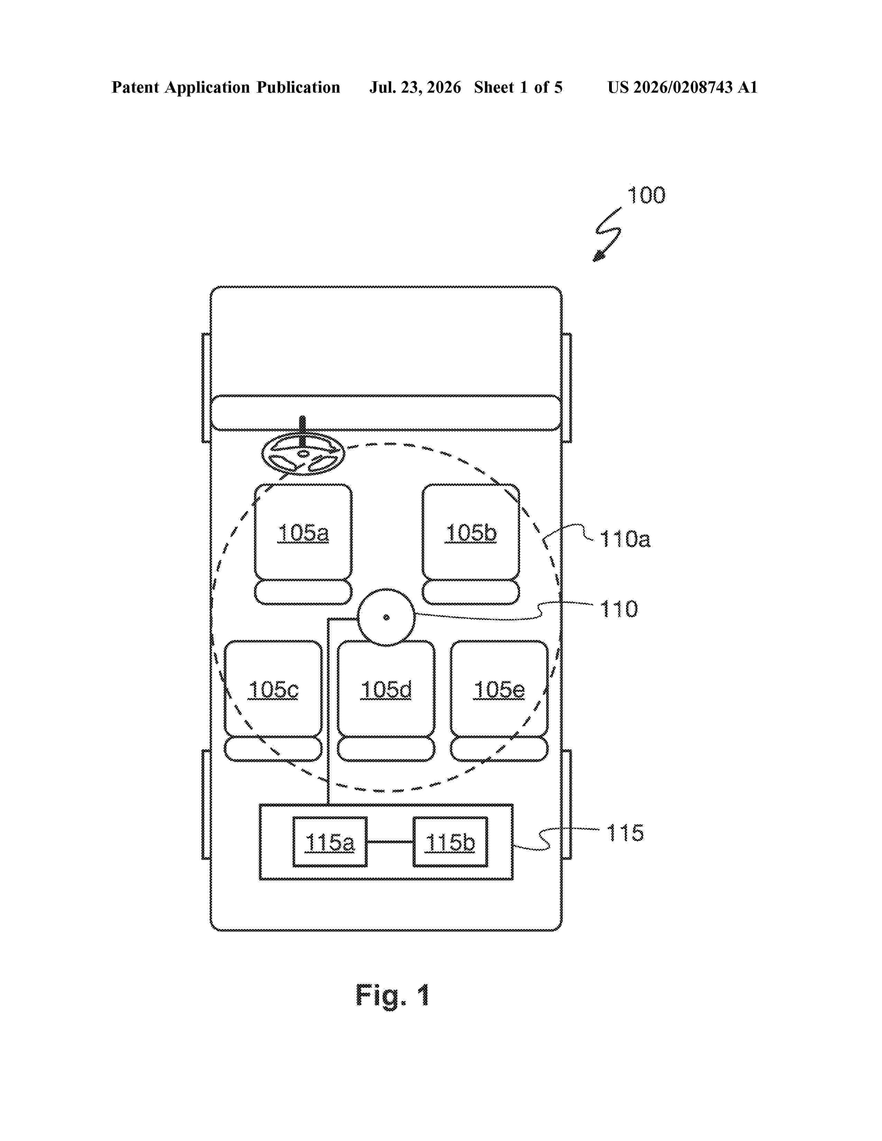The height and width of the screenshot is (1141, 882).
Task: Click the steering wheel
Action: pos(303,454)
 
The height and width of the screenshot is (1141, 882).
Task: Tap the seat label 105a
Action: pos(303,533)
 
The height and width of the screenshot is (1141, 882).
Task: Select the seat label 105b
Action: pos(471,533)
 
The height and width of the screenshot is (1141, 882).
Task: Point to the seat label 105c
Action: pos(273,690)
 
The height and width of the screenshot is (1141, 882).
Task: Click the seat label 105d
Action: pos(386,690)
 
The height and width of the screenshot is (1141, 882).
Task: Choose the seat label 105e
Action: pos(499,690)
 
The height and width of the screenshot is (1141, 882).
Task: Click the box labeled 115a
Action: pos(330,842)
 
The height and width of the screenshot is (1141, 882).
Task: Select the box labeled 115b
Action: pos(450,842)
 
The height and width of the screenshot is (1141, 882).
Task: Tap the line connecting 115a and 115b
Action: pos(390,842)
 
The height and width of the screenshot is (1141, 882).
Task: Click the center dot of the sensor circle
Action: pos(386,618)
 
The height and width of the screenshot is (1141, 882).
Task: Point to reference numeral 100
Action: pos(646,195)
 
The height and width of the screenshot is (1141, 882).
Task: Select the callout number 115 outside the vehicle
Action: pos(625,833)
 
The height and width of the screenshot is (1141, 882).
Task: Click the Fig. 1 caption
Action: pos(393,995)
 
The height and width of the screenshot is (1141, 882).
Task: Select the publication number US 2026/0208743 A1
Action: pos(682,87)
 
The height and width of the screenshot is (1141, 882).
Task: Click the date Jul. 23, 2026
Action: pos(415,87)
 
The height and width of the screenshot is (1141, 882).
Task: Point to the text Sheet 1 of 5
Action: pos(518,87)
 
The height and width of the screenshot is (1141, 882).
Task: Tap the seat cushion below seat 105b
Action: pos(471,592)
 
